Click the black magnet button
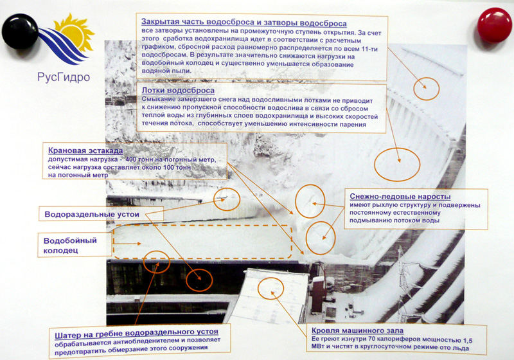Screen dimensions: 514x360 (x=20, y=32)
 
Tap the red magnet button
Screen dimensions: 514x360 (x=494, y=25)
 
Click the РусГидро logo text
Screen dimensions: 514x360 (x=64, y=77)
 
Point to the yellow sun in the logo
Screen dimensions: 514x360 (x=75, y=32)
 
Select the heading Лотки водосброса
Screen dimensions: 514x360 (x=178, y=91)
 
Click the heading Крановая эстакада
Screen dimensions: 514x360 (x=85, y=151)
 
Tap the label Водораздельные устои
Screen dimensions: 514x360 (x=92, y=215)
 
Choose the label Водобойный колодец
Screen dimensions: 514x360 (x=70, y=246)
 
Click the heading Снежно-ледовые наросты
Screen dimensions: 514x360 (x=400, y=197)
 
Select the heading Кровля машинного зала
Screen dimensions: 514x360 (x=357, y=330)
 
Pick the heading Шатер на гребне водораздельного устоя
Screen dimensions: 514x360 (x=136, y=334)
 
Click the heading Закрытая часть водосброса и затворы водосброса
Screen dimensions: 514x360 (x=244, y=23)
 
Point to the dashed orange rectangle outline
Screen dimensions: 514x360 (x=113, y=242)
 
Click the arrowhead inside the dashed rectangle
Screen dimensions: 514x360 (x=139, y=244)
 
